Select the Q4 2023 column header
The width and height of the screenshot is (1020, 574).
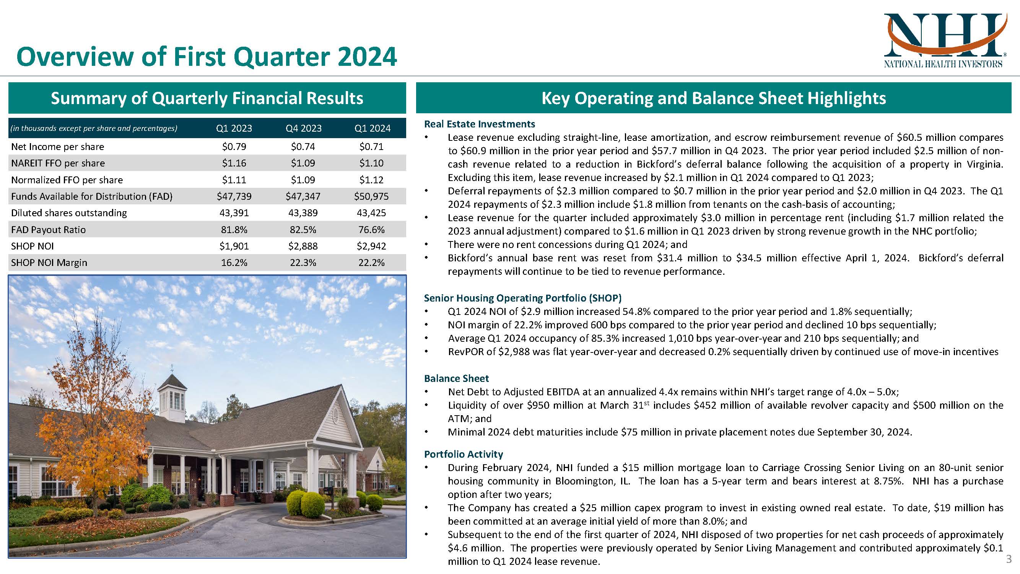pos(303,128)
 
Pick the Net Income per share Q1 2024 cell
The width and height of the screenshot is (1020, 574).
pos(371,147)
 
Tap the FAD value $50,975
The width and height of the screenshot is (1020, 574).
pos(371,196)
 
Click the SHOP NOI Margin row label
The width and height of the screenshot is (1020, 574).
pos(49,263)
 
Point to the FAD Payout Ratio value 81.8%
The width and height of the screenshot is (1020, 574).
pos(234,230)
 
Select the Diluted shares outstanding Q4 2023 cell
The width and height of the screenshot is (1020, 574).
pos(303,213)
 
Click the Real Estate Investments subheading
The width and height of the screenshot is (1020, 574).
pos(479,124)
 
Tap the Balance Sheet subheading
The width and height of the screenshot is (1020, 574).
pos(456,378)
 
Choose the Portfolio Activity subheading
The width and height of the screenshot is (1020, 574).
pos(463,454)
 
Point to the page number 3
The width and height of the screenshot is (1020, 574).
pos(1009,559)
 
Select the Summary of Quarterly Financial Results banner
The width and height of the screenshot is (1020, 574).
pos(207,98)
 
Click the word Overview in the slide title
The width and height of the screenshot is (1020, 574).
pos(75,57)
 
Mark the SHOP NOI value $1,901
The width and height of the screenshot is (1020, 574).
pos(234,246)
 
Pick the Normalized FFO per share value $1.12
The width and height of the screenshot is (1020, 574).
pos(371,180)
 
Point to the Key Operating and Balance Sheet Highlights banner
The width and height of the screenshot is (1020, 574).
pos(714,98)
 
